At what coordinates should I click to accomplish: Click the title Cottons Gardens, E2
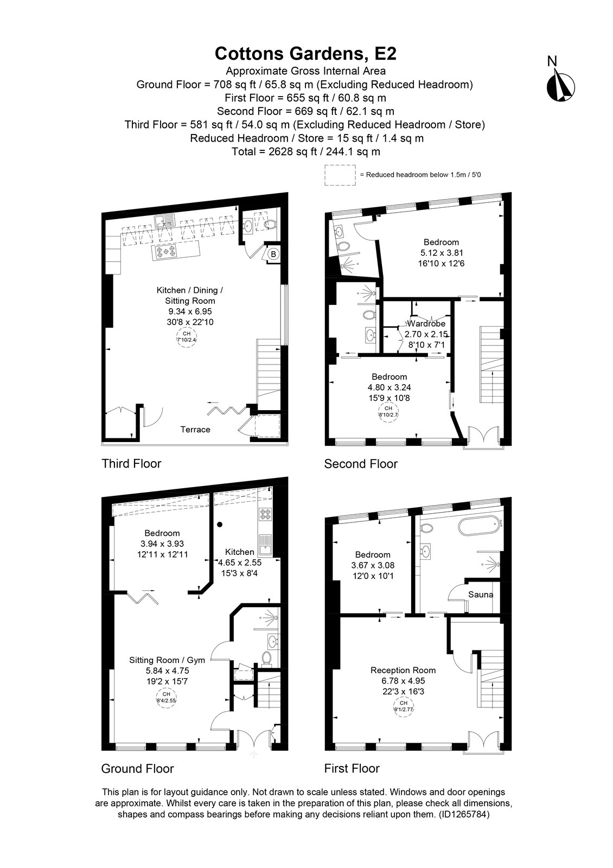click(305, 54)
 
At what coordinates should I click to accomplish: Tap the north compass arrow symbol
click(560, 85)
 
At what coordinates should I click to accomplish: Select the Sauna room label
click(481, 595)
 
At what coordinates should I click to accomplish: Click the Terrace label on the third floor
click(195, 429)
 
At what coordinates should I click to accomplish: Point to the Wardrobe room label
click(426, 323)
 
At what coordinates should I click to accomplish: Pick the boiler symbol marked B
click(273, 254)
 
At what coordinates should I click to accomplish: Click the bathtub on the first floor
click(479, 527)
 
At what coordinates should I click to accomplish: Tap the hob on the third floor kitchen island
click(166, 252)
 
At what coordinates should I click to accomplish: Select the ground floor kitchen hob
click(265, 514)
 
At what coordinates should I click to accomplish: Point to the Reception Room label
click(403, 670)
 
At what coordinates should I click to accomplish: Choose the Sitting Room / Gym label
click(167, 660)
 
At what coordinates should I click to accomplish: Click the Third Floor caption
click(131, 463)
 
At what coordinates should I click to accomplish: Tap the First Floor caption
click(352, 768)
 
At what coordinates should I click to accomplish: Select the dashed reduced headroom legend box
click(340, 175)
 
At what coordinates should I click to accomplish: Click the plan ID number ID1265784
click(464, 814)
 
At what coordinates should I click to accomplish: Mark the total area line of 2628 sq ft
click(306, 151)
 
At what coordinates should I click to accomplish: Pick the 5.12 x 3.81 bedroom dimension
click(442, 253)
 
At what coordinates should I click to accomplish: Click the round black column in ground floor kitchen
click(220, 525)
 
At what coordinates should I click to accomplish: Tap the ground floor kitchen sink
click(265, 545)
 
